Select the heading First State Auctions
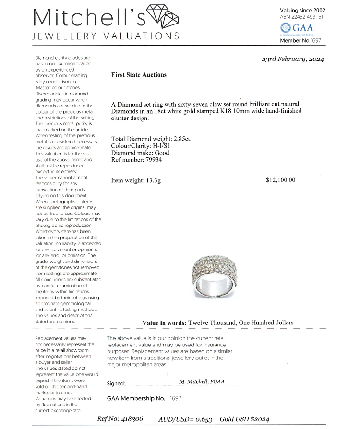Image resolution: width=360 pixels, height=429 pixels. click(x=139, y=75)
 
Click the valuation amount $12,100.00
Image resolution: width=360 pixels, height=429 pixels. click(x=280, y=180)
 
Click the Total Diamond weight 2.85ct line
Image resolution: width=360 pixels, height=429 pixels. click(x=151, y=139)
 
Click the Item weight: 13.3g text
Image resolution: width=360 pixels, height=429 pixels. click(x=136, y=180)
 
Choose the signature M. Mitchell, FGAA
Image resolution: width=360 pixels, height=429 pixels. click(x=204, y=381)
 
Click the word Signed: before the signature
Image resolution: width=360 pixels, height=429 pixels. click(x=116, y=383)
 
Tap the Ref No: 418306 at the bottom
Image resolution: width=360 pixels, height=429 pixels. click(x=120, y=418)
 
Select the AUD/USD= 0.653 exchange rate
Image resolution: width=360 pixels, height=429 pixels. click(x=185, y=418)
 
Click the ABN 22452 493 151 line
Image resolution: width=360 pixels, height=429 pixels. click(x=301, y=16)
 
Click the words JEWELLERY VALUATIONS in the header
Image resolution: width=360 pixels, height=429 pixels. click(x=106, y=36)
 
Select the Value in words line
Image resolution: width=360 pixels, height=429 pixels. click(x=217, y=322)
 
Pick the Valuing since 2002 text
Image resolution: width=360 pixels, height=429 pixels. click(x=302, y=10)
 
